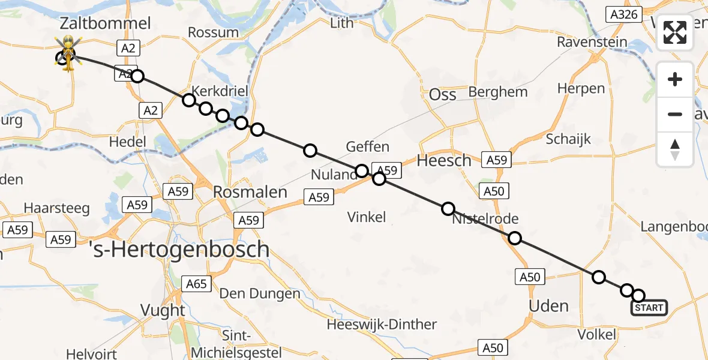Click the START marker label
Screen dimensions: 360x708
pos(649,308)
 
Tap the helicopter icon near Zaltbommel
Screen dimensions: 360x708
pos(69,52)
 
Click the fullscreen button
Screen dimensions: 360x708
pos(675,32)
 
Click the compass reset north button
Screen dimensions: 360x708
pos(675,149)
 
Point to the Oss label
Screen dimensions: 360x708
pos(443,94)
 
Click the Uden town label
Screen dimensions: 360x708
pos(548,306)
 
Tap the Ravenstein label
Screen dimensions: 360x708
pos(592,42)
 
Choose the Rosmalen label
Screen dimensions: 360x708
pos(250,192)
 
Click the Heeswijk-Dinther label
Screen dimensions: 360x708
pos(382,325)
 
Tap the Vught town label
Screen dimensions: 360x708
pos(163,310)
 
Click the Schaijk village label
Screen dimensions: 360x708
pos(568,139)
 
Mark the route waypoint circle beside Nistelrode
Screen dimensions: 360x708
pos(448,209)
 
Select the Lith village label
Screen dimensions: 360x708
pos(342,23)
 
